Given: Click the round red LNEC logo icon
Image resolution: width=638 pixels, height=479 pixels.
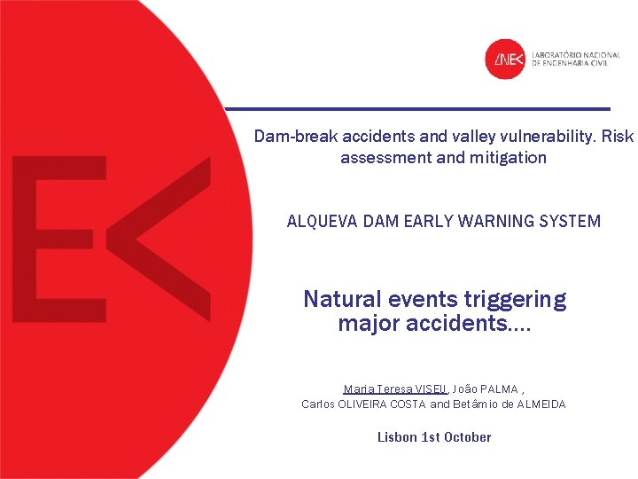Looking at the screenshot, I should (506, 59).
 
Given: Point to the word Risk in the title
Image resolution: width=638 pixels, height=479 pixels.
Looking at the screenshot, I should (618, 137).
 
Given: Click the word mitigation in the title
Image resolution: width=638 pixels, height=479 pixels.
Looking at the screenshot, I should (509, 158).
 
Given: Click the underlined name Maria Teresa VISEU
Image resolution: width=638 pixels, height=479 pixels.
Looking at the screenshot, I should (395, 389).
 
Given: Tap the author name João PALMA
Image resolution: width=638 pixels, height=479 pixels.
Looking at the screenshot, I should (480, 389).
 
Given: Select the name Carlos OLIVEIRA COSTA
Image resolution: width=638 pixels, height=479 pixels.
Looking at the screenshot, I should (363, 404).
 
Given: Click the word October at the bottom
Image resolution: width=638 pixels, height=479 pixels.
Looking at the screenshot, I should (468, 436).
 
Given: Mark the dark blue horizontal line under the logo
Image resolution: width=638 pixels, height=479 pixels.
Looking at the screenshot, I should (417, 108).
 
